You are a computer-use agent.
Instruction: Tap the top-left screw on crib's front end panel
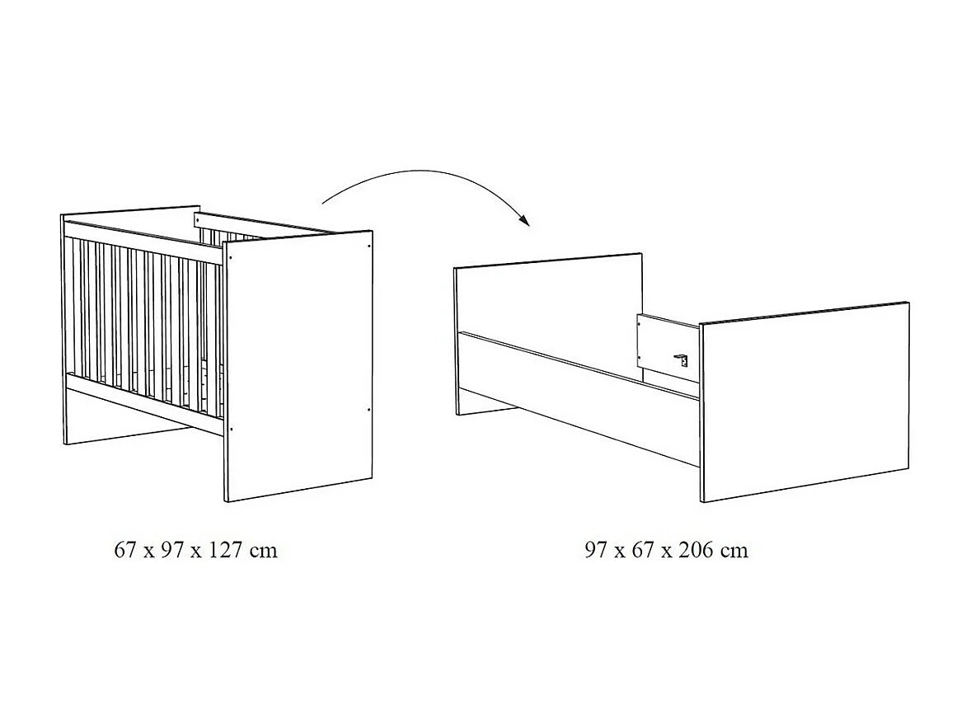231,256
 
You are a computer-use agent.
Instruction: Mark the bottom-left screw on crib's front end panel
232,428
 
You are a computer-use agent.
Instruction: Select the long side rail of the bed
577,396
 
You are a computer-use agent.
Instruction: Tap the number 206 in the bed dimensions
695,550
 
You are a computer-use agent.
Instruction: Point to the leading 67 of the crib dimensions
124,550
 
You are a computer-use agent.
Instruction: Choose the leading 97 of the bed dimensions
596,550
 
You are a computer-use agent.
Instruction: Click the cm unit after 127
264,550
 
